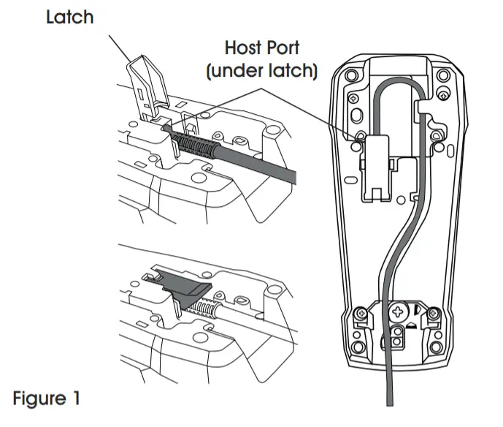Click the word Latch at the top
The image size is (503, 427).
click(x=69, y=17)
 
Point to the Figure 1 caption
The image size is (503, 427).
click(x=46, y=399)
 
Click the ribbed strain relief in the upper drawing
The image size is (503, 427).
click(x=196, y=143)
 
